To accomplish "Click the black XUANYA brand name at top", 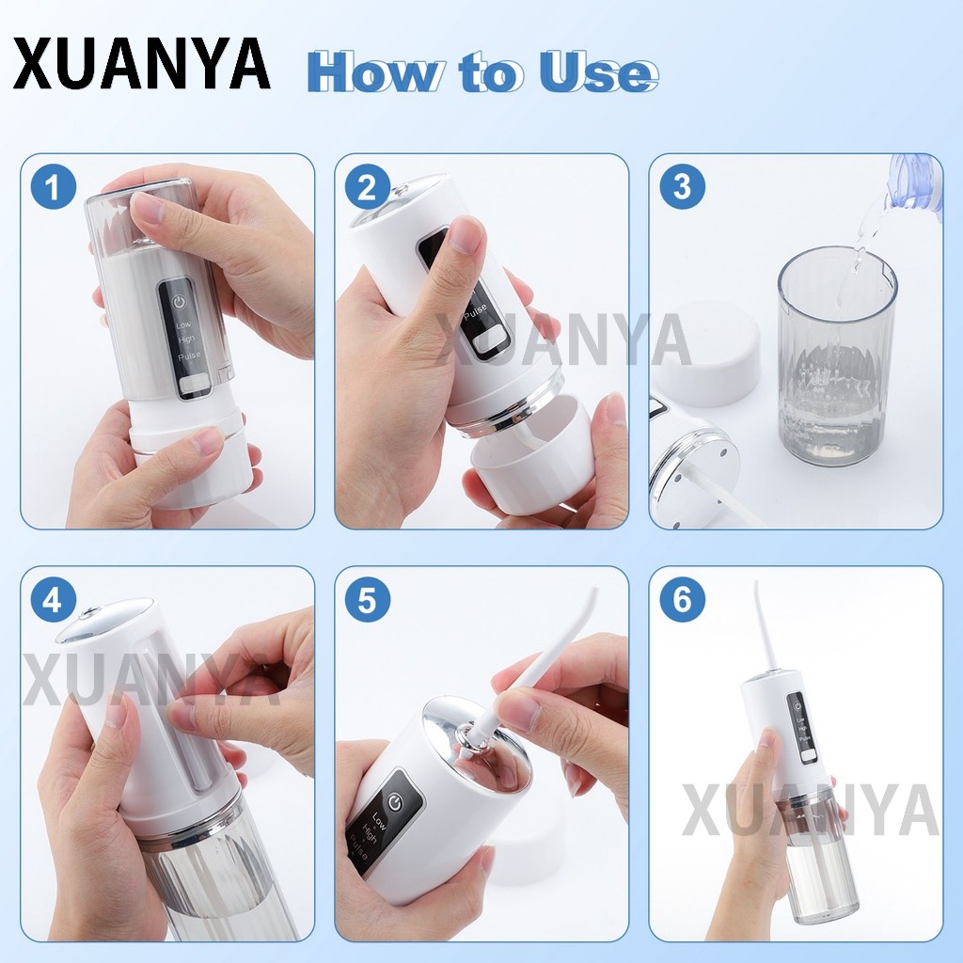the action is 142,64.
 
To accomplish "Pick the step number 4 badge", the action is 53,599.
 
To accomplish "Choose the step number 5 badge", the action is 368,599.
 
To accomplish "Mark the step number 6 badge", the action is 682,599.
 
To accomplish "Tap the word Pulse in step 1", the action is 189,355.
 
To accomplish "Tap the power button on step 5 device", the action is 394,801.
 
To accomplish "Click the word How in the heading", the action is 373,71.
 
